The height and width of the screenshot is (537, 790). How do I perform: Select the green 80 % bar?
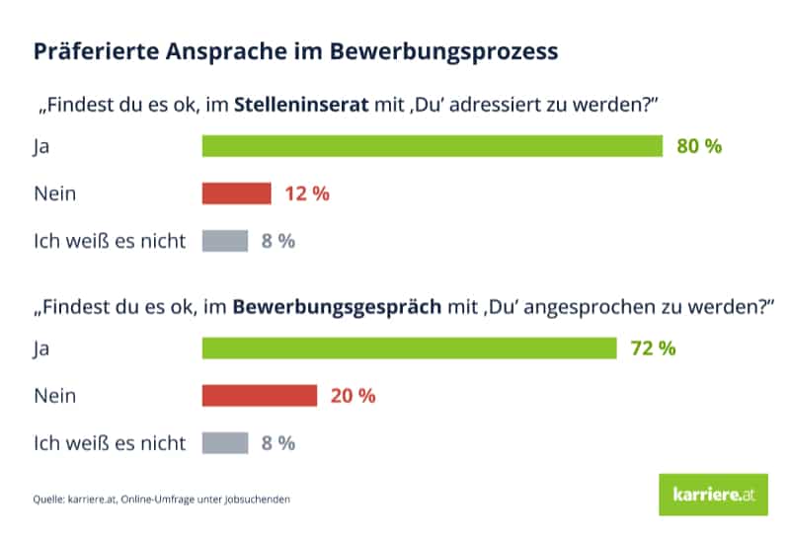[x=432, y=146]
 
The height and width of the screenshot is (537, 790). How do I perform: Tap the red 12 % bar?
[x=236, y=193]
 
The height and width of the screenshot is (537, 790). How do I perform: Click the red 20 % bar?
[x=259, y=396]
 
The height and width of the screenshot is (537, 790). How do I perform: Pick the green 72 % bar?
[x=408, y=348]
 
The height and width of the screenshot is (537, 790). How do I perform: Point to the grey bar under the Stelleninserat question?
[x=224, y=241]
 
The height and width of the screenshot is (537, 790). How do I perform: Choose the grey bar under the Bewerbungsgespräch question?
[x=224, y=443]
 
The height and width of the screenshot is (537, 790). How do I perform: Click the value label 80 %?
[x=699, y=146]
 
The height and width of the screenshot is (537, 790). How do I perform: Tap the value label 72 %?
[x=652, y=348]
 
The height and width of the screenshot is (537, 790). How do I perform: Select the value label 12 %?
[x=306, y=193]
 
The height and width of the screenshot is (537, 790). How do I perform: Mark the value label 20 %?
[x=353, y=396]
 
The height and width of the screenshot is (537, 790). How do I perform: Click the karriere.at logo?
[x=712, y=495]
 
